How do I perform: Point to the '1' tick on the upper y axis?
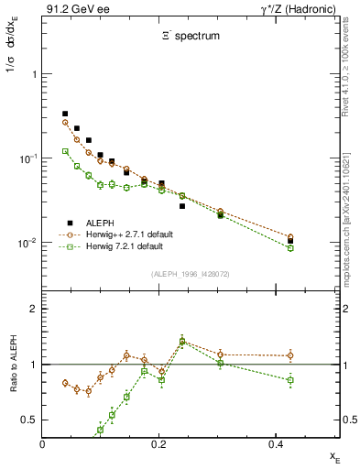click(34, 74)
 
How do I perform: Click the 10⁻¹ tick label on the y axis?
click(28, 158)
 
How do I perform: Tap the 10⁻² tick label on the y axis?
click(28, 243)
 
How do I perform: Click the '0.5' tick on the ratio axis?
click(30, 420)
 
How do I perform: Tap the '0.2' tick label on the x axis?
click(158, 444)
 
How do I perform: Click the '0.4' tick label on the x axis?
click(274, 444)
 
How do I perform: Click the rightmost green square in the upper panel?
click(290, 248)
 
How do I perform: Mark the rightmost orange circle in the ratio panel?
click(290, 355)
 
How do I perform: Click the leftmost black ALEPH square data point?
click(65, 114)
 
